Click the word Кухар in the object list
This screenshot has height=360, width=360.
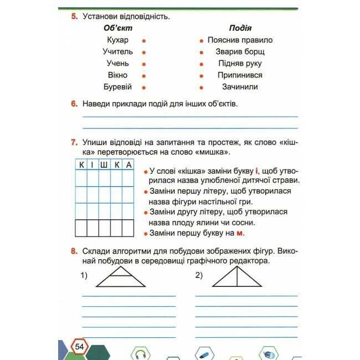click(x=117, y=40)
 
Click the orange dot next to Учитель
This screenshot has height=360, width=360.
click(x=144, y=52)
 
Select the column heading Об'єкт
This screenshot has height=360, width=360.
click(x=118, y=28)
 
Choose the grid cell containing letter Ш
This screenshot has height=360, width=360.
click(x=105, y=164)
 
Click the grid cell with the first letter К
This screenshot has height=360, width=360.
click(x=81, y=164)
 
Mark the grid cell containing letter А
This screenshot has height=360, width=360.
click(x=128, y=164)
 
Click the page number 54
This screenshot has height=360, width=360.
click(x=79, y=347)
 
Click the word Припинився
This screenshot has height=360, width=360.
click(x=240, y=75)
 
